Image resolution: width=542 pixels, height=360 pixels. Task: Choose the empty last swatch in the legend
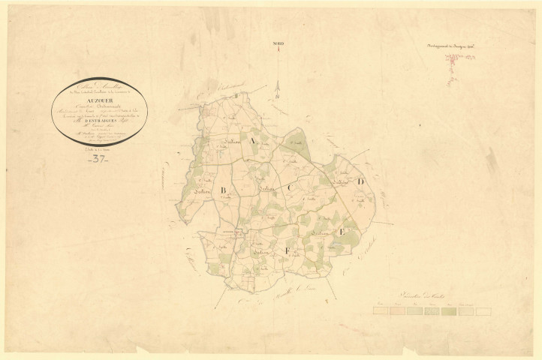(x=483, y=310)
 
